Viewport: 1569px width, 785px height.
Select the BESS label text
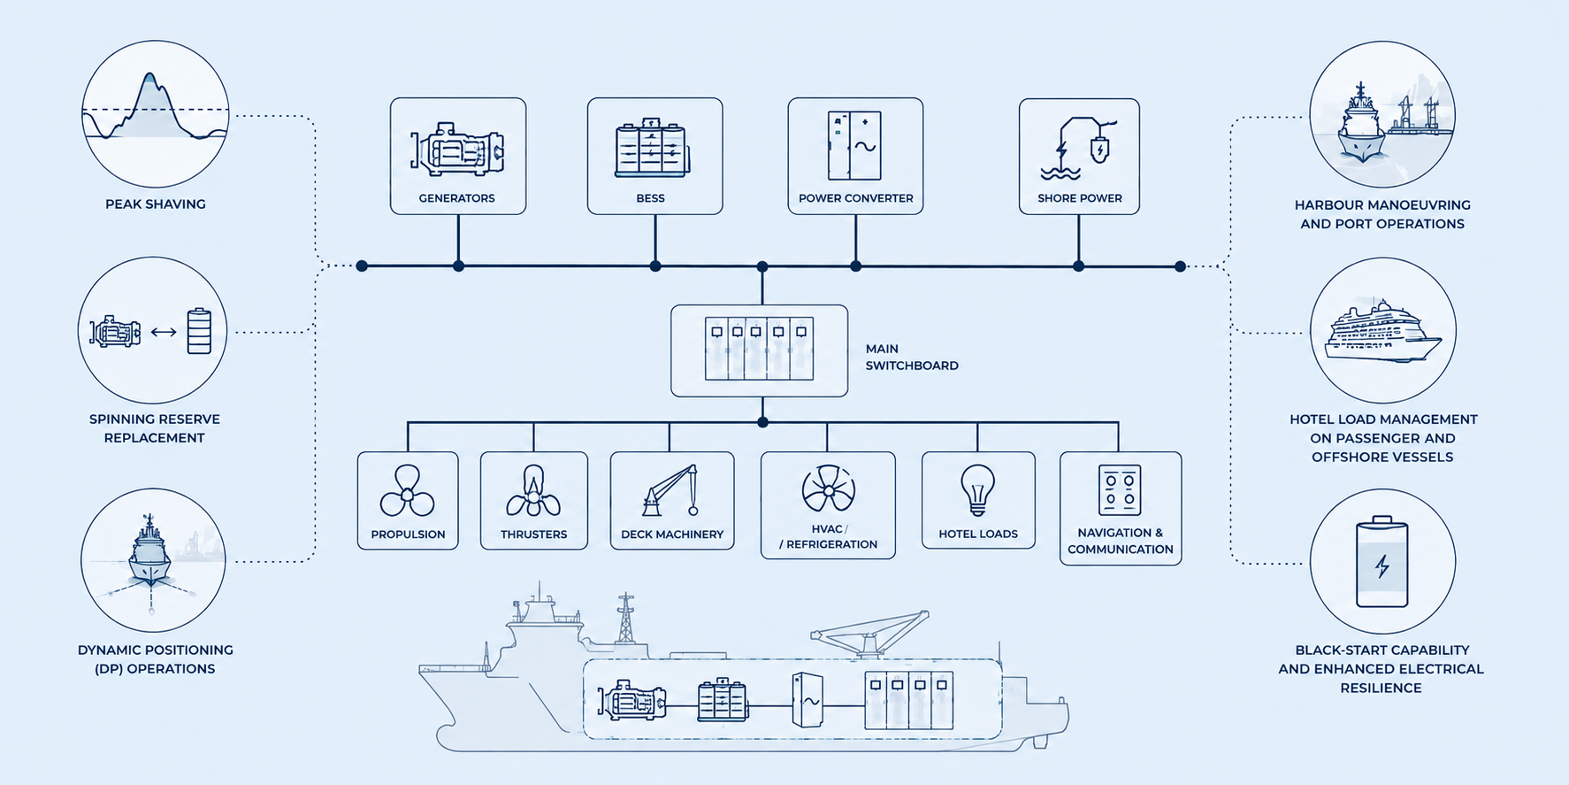click(650, 198)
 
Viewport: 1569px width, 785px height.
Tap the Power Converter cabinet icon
click(854, 145)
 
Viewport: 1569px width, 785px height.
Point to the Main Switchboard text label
click(912, 357)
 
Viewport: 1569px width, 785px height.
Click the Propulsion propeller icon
click(407, 491)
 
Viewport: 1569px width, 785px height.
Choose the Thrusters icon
click(533, 491)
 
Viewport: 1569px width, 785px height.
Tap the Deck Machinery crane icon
click(671, 490)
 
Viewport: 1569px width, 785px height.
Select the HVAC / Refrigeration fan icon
click(828, 488)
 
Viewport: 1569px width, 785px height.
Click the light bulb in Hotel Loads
click(977, 490)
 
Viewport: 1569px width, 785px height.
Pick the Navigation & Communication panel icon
click(1120, 489)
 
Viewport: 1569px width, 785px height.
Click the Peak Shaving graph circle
click(156, 113)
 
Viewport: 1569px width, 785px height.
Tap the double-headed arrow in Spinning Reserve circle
click(164, 332)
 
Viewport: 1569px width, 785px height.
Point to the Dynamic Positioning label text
click(155, 659)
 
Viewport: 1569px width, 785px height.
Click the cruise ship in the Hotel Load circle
click(1382, 332)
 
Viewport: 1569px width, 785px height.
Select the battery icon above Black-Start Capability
click(1382, 561)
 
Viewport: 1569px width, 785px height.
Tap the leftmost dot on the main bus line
click(362, 266)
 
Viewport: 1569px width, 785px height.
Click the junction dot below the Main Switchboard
click(762, 422)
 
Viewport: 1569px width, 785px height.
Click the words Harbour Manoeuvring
click(1382, 204)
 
